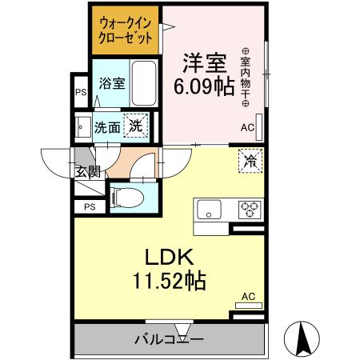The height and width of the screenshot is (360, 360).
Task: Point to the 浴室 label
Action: coord(111,83)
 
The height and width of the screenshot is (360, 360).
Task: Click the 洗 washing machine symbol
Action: coord(138,126)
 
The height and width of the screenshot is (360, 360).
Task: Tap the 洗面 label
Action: coord(108,126)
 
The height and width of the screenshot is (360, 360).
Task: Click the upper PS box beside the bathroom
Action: coord(81,91)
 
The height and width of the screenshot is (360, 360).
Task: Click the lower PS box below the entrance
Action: coord(89,206)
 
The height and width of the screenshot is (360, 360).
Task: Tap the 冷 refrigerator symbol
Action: coord(249,161)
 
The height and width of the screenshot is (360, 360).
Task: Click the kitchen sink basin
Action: coord(210,210)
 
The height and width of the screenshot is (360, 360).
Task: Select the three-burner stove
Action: coord(250,210)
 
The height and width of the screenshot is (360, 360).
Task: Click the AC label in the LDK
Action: coord(248,297)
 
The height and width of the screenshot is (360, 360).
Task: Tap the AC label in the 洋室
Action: coord(247,127)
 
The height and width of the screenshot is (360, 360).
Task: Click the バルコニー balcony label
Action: coord(168,339)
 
